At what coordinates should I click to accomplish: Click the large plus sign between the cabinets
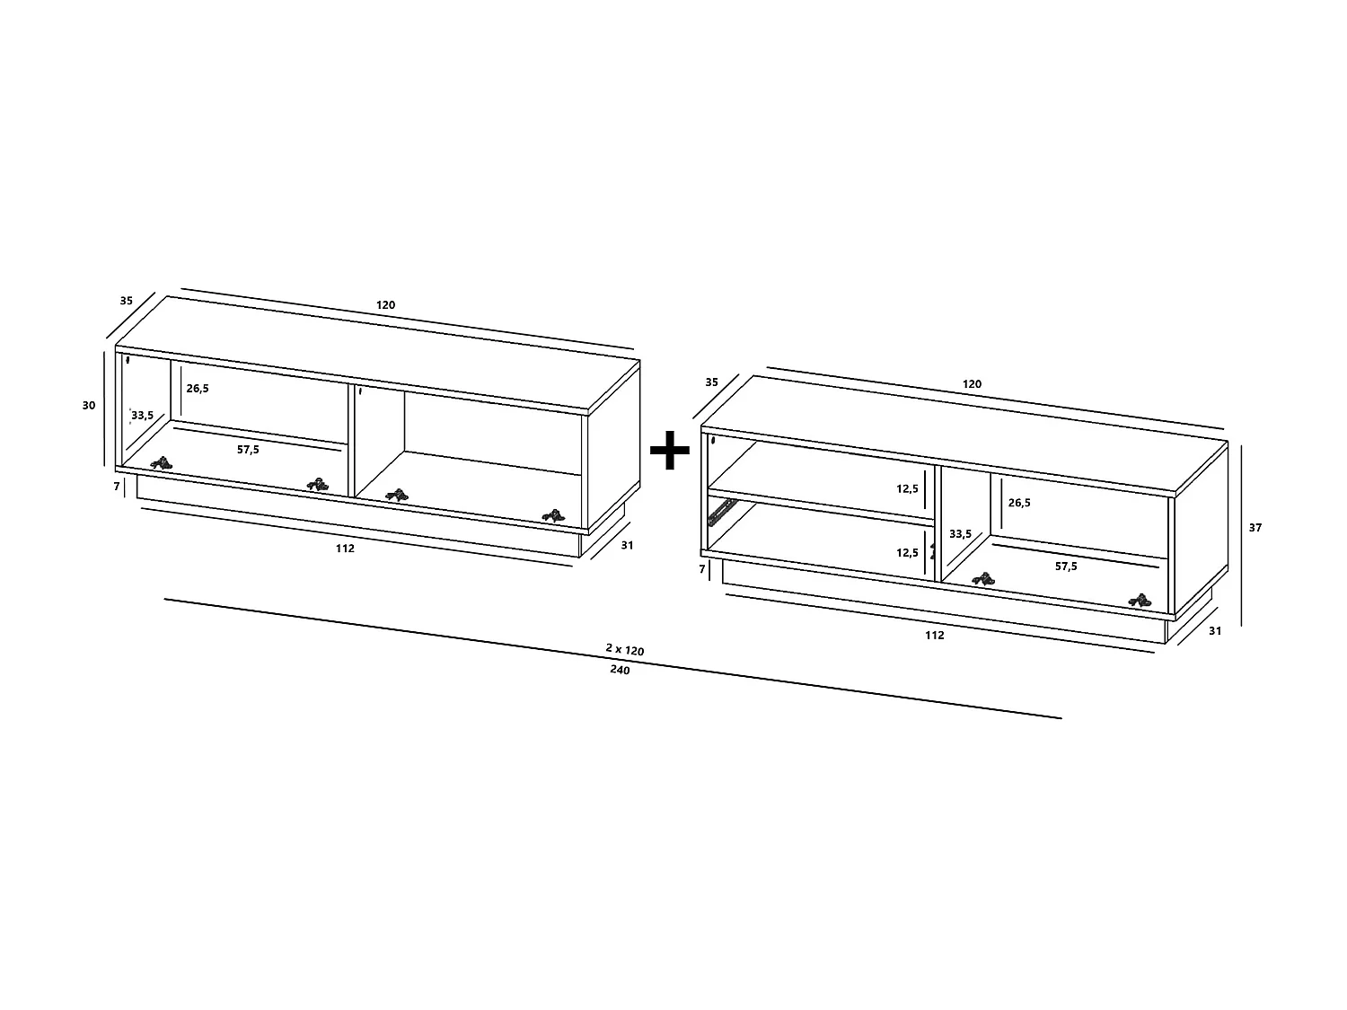(669, 451)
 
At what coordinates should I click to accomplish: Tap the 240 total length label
(619, 670)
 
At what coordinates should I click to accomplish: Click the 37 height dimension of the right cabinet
(1255, 528)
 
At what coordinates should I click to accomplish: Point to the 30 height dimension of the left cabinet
(89, 405)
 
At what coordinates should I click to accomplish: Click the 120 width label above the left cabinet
(385, 305)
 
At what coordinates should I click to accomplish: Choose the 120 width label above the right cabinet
(972, 384)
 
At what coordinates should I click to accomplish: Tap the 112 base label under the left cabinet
(345, 549)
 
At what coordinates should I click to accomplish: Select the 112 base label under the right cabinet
(934, 635)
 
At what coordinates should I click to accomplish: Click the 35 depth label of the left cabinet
(126, 301)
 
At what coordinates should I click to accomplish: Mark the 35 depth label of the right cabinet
(712, 382)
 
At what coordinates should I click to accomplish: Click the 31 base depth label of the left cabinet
(627, 545)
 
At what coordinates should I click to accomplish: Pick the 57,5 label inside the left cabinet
(248, 450)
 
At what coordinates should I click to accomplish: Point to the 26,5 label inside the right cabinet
(1019, 503)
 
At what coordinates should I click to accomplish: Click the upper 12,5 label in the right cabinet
(907, 489)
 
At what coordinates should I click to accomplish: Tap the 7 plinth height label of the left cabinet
(117, 487)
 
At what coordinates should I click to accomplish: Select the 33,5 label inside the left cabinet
(143, 416)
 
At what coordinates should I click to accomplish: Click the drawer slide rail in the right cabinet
(720, 512)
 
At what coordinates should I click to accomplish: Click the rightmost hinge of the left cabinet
(554, 516)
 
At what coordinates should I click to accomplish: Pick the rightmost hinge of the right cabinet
(1139, 600)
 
